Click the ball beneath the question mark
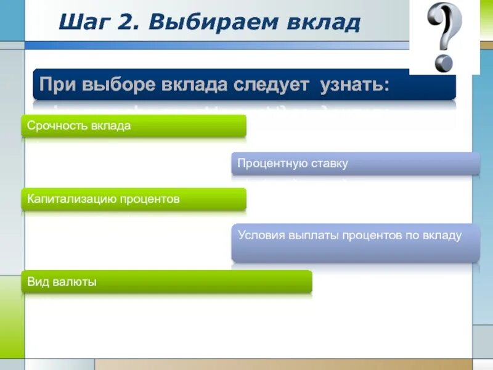(x=442, y=62)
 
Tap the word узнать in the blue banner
(x=354, y=85)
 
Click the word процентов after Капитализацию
(x=150, y=199)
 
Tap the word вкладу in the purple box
(x=441, y=235)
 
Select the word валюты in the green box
(x=74, y=282)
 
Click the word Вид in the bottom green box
(x=37, y=282)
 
